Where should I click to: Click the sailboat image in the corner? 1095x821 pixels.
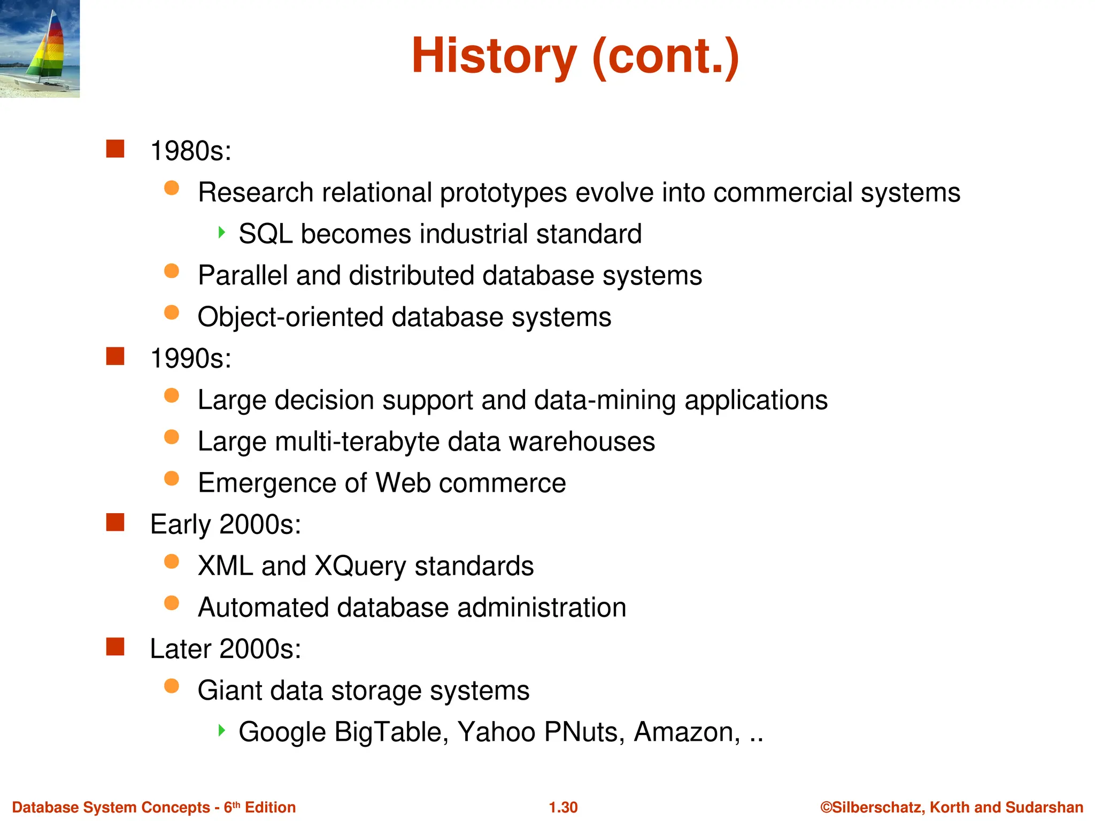coord(40,49)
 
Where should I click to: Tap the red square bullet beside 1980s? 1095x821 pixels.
coord(115,149)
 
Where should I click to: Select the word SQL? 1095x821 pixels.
coord(265,234)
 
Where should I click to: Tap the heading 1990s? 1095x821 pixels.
coord(191,359)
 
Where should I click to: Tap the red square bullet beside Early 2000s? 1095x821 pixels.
coord(115,523)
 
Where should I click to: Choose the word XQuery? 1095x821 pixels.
coord(360,567)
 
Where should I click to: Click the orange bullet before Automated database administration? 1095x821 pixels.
coord(172,603)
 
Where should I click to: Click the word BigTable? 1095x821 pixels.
coord(391,732)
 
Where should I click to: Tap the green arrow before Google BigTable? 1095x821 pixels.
coord(222,730)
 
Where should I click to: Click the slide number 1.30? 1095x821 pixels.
coord(563,807)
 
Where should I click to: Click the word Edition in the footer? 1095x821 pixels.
coord(270,807)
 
